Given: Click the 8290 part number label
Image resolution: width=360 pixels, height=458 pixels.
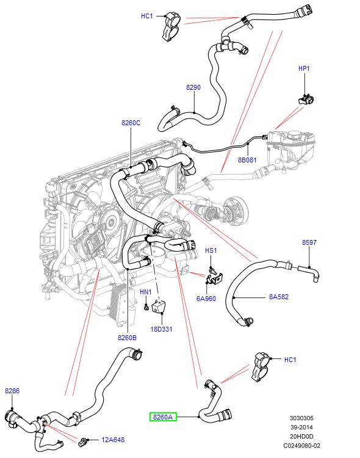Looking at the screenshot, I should (193, 87).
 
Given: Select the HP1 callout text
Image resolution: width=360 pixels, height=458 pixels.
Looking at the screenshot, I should (304, 69).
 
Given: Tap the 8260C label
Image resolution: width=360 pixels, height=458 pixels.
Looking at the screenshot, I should (131, 123).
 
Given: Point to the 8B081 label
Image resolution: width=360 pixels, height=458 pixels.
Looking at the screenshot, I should (247, 161).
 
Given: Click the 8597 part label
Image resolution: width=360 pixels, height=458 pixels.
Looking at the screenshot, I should (309, 242).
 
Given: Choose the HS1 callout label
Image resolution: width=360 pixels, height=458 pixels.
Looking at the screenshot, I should (211, 250).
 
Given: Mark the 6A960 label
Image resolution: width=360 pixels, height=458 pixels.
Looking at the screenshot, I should (206, 299).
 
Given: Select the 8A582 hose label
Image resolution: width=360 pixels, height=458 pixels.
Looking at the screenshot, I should (279, 297).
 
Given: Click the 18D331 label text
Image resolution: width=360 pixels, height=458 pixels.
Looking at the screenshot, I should (162, 329).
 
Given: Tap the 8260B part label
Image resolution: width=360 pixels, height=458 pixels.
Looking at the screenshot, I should (127, 337).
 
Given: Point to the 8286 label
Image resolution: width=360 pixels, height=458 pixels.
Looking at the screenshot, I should (12, 390).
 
